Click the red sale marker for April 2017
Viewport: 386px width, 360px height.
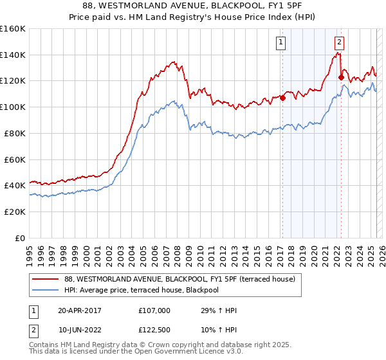[x=282, y=98]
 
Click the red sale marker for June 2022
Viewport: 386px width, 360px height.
[x=341, y=78]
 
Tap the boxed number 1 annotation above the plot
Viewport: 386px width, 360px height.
[x=281, y=43]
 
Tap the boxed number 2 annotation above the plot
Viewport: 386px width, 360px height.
[x=339, y=43]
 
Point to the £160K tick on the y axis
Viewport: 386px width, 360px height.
[x=13, y=29]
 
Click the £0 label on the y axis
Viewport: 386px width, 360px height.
[x=21, y=238]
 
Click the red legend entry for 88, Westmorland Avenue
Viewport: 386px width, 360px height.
[x=179, y=279]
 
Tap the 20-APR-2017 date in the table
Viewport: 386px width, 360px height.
[x=79, y=310]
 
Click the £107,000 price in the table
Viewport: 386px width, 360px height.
[x=154, y=310]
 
